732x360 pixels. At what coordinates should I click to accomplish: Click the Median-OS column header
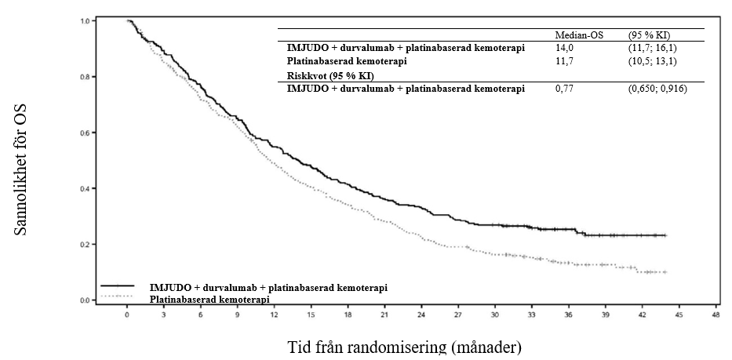tap(578, 35)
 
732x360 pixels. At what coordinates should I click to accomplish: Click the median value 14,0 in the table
tap(565, 48)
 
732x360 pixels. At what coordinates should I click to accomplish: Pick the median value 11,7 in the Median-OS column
tap(565, 61)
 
